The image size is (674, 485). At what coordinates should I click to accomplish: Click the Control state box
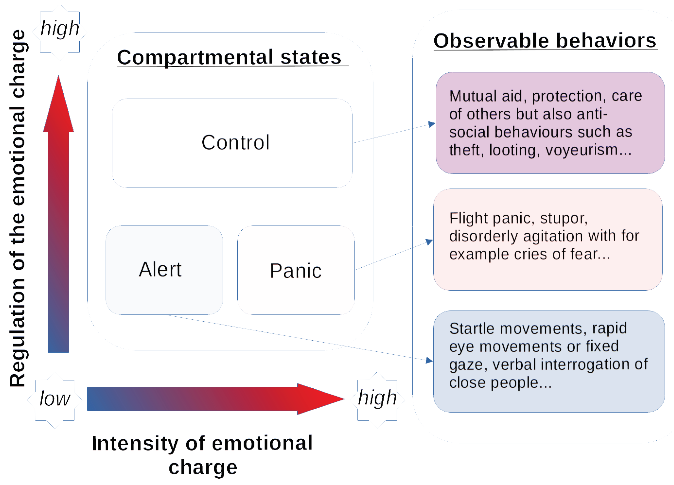(232, 143)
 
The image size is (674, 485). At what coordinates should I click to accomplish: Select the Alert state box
(164, 270)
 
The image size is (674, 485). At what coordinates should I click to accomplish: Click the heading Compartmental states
(229, 57)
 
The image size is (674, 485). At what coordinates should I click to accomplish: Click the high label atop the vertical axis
(60, 29)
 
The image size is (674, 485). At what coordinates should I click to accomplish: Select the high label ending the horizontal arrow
(377, 398)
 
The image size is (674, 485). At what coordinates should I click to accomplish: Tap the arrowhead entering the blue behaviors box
(430, 360)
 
